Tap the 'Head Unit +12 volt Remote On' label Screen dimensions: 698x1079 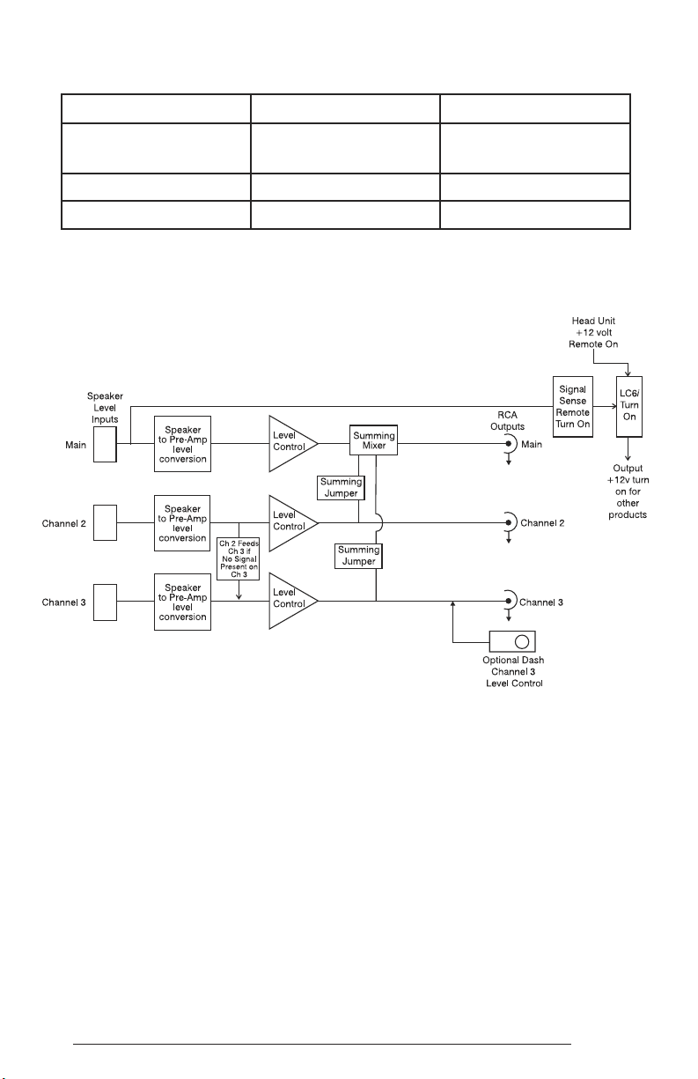tap(593, 332)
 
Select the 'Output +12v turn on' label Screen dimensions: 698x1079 tap(628, 491)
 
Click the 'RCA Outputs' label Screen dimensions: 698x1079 tap(507, 420)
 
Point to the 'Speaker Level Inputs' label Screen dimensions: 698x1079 tap(105, 408)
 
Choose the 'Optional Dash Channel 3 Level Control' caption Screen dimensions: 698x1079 tap(514, 671)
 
